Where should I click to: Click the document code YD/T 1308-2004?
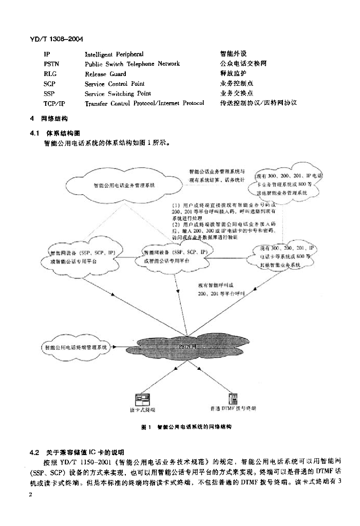(57, 39)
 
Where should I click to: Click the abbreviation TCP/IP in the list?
(54, 103)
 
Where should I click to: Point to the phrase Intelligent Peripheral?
(114, 54)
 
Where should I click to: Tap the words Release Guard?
(105, 73)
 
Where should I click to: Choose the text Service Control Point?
(115, 83)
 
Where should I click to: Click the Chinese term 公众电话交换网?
(243, 64)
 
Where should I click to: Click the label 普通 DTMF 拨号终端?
(232, 409)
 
